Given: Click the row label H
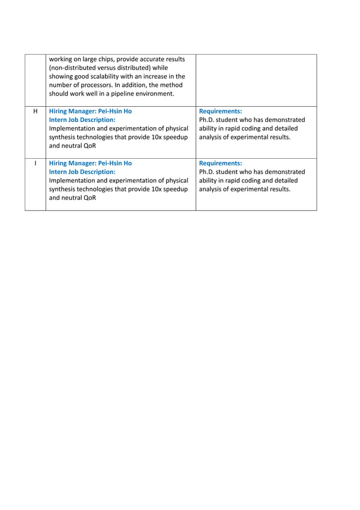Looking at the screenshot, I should pos(35,111).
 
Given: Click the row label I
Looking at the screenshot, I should pos(35,163).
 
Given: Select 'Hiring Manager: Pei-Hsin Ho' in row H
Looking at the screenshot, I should pos(90,111).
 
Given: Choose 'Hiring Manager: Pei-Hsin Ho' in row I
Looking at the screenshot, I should pos(90,163).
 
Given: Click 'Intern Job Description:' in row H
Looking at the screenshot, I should pos(82,120).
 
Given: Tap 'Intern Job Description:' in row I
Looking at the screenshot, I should pos(82,172).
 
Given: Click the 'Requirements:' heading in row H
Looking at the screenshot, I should pos(221,111).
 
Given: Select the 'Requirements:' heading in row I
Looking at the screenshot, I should pos(221,163).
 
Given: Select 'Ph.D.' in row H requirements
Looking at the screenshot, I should pos(209,120).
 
